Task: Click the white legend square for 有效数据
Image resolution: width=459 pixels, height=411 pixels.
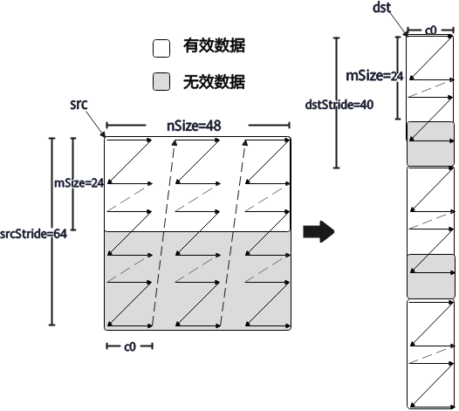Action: click(x=161, y=48)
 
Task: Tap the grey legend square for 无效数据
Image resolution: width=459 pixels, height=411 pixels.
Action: click(x=161, y=81)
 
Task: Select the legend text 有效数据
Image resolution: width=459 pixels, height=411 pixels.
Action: click(x=215, y=45)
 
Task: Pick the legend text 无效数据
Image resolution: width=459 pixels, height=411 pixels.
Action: click(x=215, y=82)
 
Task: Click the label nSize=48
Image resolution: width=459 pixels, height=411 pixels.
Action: click(x=194, y=126)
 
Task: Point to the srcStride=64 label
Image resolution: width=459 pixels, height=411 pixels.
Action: click(x=33, y=234)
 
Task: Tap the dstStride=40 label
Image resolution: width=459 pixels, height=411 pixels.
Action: click(x=339, y=105)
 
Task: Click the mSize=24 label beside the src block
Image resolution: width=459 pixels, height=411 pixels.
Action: click(x=79, y=183)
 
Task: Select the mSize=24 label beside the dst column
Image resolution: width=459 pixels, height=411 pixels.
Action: click(x=374, y=76)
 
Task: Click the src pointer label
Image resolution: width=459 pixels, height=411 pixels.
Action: click(x=79, y=104)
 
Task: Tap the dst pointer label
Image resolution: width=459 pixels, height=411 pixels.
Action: click(x=381, y=7)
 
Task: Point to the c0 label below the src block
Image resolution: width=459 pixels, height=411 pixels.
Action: click(x=130, y=346)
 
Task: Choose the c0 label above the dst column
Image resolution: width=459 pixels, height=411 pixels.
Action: click(x=430, y=31)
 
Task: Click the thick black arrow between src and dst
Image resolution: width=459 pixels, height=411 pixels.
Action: click(x=319, y=231)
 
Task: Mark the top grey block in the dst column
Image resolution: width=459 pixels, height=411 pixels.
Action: click(x=430, y=144)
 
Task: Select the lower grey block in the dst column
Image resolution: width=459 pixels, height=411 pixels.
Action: click(x=430, y=277)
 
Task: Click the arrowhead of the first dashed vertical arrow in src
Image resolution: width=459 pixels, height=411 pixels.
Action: click(x=175, y=142)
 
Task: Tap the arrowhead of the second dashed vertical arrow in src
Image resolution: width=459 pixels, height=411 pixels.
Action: click(x=245, y=142)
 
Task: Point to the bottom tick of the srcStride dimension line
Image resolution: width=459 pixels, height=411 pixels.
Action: click(x=52, y=325)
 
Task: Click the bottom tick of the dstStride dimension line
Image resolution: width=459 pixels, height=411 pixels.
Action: click(x=337, y=168)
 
